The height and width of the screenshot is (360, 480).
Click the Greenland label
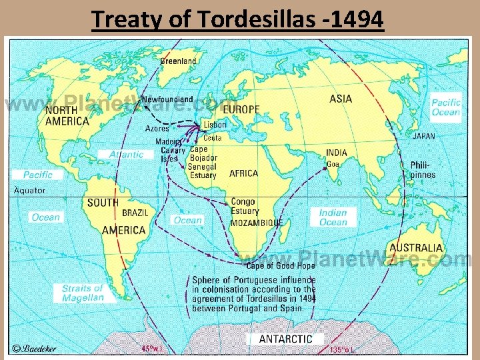coord(178,61)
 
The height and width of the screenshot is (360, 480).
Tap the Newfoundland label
coord(167,99)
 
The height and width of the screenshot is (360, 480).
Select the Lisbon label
coord(215,125)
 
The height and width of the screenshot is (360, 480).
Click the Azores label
coord(157,129)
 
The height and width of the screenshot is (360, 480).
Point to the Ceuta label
coord(213,137)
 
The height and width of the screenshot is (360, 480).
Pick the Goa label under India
coord(333,164)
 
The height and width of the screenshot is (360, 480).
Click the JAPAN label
coord(424,136)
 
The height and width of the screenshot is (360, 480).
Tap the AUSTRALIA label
coord(416,247)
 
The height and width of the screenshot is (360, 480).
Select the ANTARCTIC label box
coord(285,339)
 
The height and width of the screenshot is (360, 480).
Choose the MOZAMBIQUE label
coord(257,223)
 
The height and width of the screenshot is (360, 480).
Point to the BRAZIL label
coord(135,213)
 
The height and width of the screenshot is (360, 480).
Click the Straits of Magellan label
coord(83,293)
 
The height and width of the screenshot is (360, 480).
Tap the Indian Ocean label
coord(333,217)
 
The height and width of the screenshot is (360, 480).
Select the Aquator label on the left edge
coord(30,190)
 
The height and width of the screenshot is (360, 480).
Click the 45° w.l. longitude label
coord(153,348)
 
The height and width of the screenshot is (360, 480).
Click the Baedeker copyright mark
coord(35,348)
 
